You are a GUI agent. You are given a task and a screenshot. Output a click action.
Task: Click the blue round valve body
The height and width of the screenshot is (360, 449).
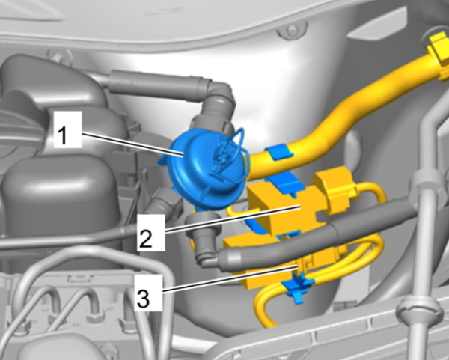[x=207, y=169]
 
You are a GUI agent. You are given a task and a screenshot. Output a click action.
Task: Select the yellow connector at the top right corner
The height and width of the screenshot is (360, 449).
[x=438, y=52]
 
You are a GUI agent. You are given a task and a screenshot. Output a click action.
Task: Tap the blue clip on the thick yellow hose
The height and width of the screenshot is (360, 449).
[x=279, y=153]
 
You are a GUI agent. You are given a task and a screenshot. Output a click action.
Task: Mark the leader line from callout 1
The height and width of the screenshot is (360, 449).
[x=133, y=144]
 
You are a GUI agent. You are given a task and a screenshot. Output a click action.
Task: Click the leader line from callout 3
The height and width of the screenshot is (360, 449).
[x=230, y=279]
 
